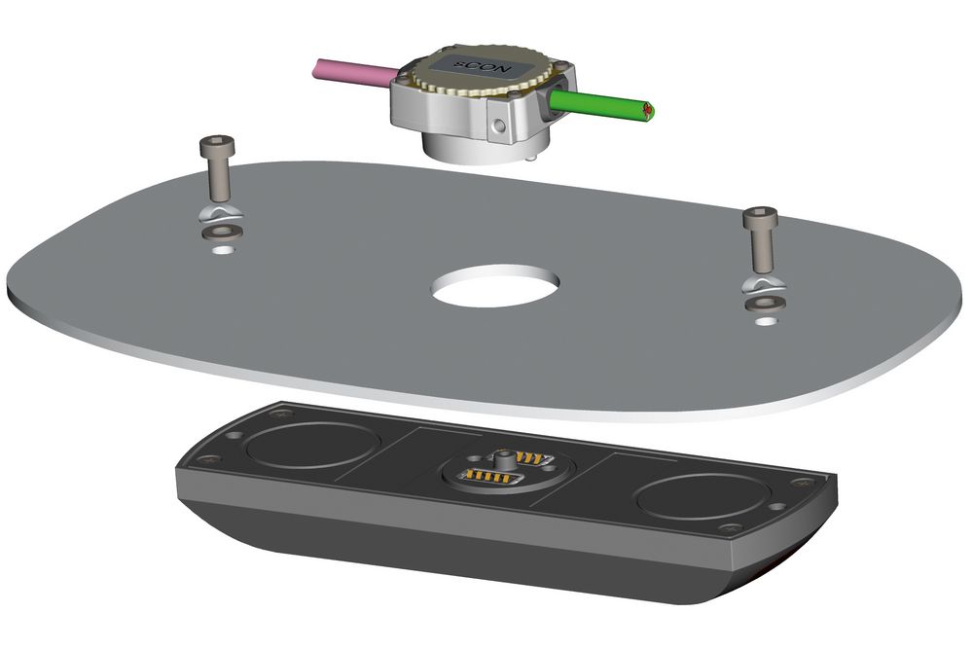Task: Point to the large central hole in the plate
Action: [497, 285]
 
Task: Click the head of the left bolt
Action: [215, 147]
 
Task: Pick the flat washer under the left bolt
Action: [221, 233]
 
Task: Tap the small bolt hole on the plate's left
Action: [223, 249]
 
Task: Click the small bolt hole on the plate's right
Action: [768, 319]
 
